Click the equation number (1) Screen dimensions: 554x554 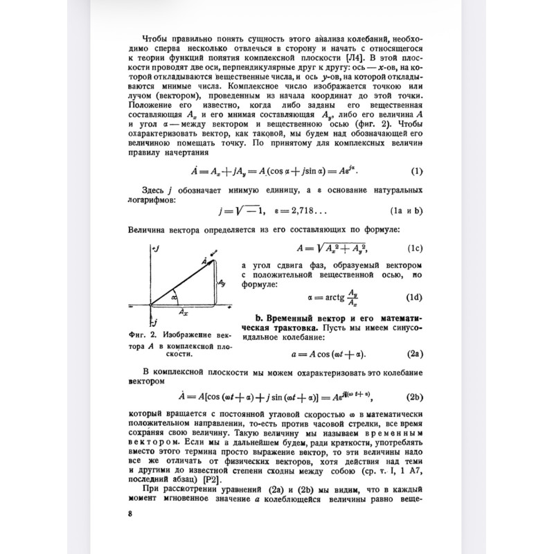[417, 171]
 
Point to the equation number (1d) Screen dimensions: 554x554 [414, 298]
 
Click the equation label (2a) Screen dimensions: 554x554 [415, 354]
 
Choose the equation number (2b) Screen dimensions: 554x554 [415, 397]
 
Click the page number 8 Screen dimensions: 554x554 [131, 513]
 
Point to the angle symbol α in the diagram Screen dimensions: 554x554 [175, 298]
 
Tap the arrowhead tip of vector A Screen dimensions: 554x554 [215, 259]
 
